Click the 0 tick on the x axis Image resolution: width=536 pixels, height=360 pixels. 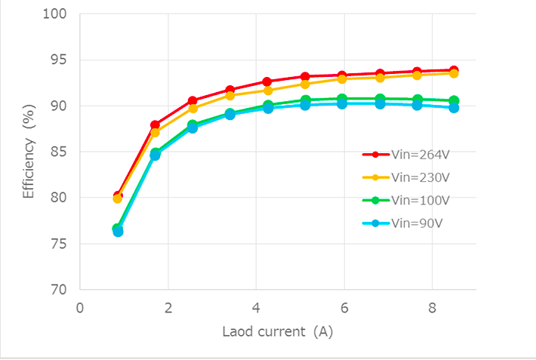click(80, 307)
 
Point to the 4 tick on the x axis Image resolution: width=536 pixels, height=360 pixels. click(256, 307)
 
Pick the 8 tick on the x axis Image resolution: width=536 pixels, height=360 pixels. click(432, 307)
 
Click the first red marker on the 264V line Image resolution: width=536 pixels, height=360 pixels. click(118, 195)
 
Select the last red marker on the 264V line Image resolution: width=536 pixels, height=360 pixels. click(454, 70)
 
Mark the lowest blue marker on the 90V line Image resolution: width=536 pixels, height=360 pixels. click(118, 232)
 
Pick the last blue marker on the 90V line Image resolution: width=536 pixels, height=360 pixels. click(454, 108)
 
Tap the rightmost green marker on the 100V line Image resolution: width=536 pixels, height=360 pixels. click(454, 100)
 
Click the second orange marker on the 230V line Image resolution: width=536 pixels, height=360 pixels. click(155, 133)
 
